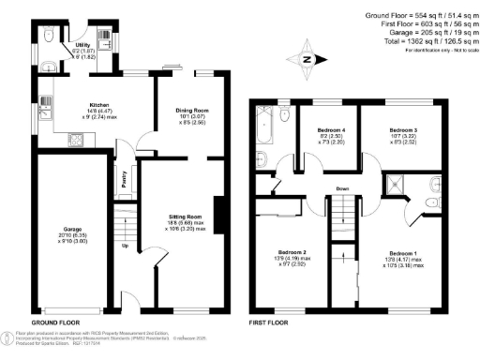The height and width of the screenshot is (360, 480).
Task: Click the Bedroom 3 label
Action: coord(404,128)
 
